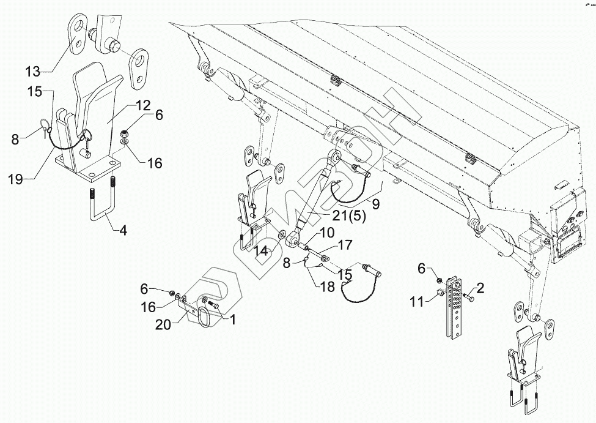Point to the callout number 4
(x=123, y=231)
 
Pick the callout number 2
(x=480, y=288)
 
